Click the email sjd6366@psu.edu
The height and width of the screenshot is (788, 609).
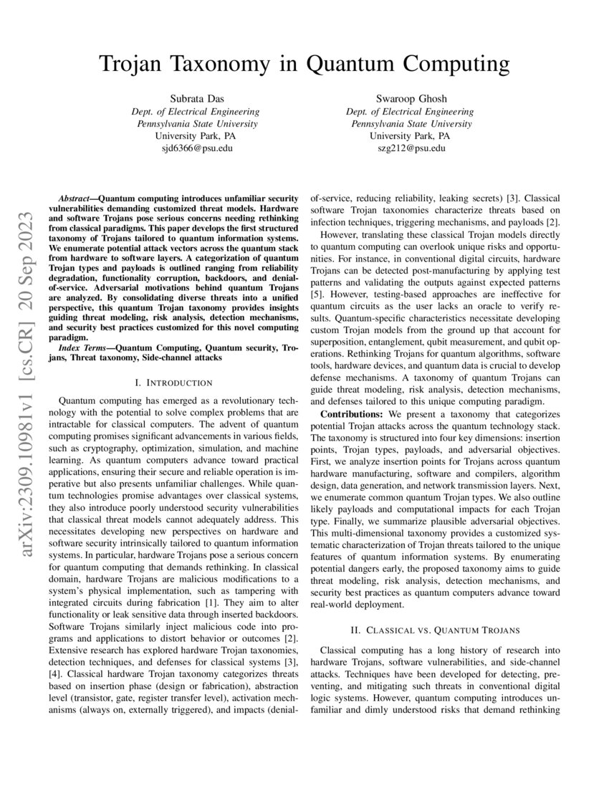click(195, 148)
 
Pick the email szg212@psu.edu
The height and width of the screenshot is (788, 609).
click(410, 148)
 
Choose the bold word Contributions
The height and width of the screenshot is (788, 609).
click(351, 414)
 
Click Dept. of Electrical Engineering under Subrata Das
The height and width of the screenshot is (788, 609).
click(195, 111)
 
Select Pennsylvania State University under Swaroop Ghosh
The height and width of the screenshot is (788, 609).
click(410, 123)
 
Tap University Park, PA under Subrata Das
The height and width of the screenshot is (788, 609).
click(195, 135)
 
